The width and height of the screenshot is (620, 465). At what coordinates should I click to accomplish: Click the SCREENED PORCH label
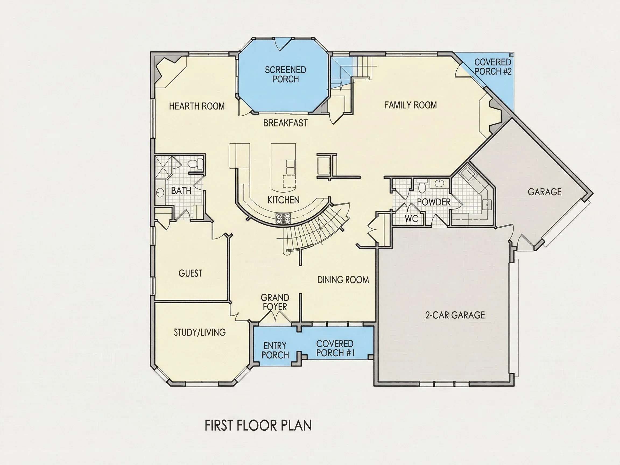click(285, 75)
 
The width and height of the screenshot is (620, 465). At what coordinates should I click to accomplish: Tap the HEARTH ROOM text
click(197, 106)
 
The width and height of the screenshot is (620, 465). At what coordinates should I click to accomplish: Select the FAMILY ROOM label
click(410, 105)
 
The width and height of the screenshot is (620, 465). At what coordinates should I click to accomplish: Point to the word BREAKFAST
click(285, 123)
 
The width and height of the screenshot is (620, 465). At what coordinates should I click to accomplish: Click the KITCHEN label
click(283, 200)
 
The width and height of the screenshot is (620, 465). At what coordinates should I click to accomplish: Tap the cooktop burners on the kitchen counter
click(283, 218)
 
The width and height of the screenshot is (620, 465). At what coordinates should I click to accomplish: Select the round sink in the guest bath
click(160, 193)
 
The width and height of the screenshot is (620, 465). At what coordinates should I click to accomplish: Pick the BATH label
click(181, 191)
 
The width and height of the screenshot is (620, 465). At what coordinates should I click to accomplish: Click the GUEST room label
click(190, 273)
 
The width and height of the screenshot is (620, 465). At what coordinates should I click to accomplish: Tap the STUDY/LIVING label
click(200, 332)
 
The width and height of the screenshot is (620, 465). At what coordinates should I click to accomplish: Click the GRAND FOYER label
click(275, 302)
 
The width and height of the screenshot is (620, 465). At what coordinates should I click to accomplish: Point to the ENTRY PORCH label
click(275, 350)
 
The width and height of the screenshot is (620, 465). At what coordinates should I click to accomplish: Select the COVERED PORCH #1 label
click(335, 348)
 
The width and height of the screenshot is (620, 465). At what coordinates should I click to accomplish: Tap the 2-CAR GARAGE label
click(455, 315)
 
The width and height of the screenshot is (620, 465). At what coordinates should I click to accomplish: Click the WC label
click(411, 219)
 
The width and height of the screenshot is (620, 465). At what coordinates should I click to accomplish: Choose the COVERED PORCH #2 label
click(492, 67)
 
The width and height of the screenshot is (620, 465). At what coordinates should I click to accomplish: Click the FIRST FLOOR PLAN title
click(258, 425)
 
